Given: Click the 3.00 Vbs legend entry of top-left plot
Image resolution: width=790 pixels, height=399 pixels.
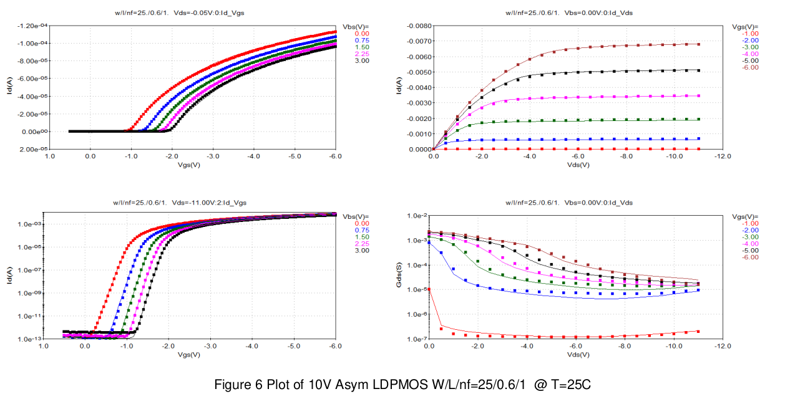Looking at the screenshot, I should (360, 60).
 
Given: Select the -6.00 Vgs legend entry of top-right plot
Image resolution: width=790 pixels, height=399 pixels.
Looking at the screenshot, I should (750, 67).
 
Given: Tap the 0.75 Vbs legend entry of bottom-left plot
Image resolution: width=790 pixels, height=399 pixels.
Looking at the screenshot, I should (360, 230).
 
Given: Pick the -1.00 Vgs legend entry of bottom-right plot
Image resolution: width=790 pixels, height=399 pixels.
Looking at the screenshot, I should (750, 223).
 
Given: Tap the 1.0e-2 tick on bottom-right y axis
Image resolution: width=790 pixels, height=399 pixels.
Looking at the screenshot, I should (416, 216).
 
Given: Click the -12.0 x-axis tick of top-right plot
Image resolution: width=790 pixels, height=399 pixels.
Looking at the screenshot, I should (723, 156).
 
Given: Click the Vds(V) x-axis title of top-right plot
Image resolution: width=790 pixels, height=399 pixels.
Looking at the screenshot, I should (577, 165).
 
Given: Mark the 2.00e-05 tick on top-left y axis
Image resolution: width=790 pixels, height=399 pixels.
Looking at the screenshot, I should (31, 150).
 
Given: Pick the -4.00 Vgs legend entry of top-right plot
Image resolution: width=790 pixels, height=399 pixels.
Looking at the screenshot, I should (750, 54).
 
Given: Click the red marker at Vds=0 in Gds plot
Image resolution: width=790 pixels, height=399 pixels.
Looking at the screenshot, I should (429, 289).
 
